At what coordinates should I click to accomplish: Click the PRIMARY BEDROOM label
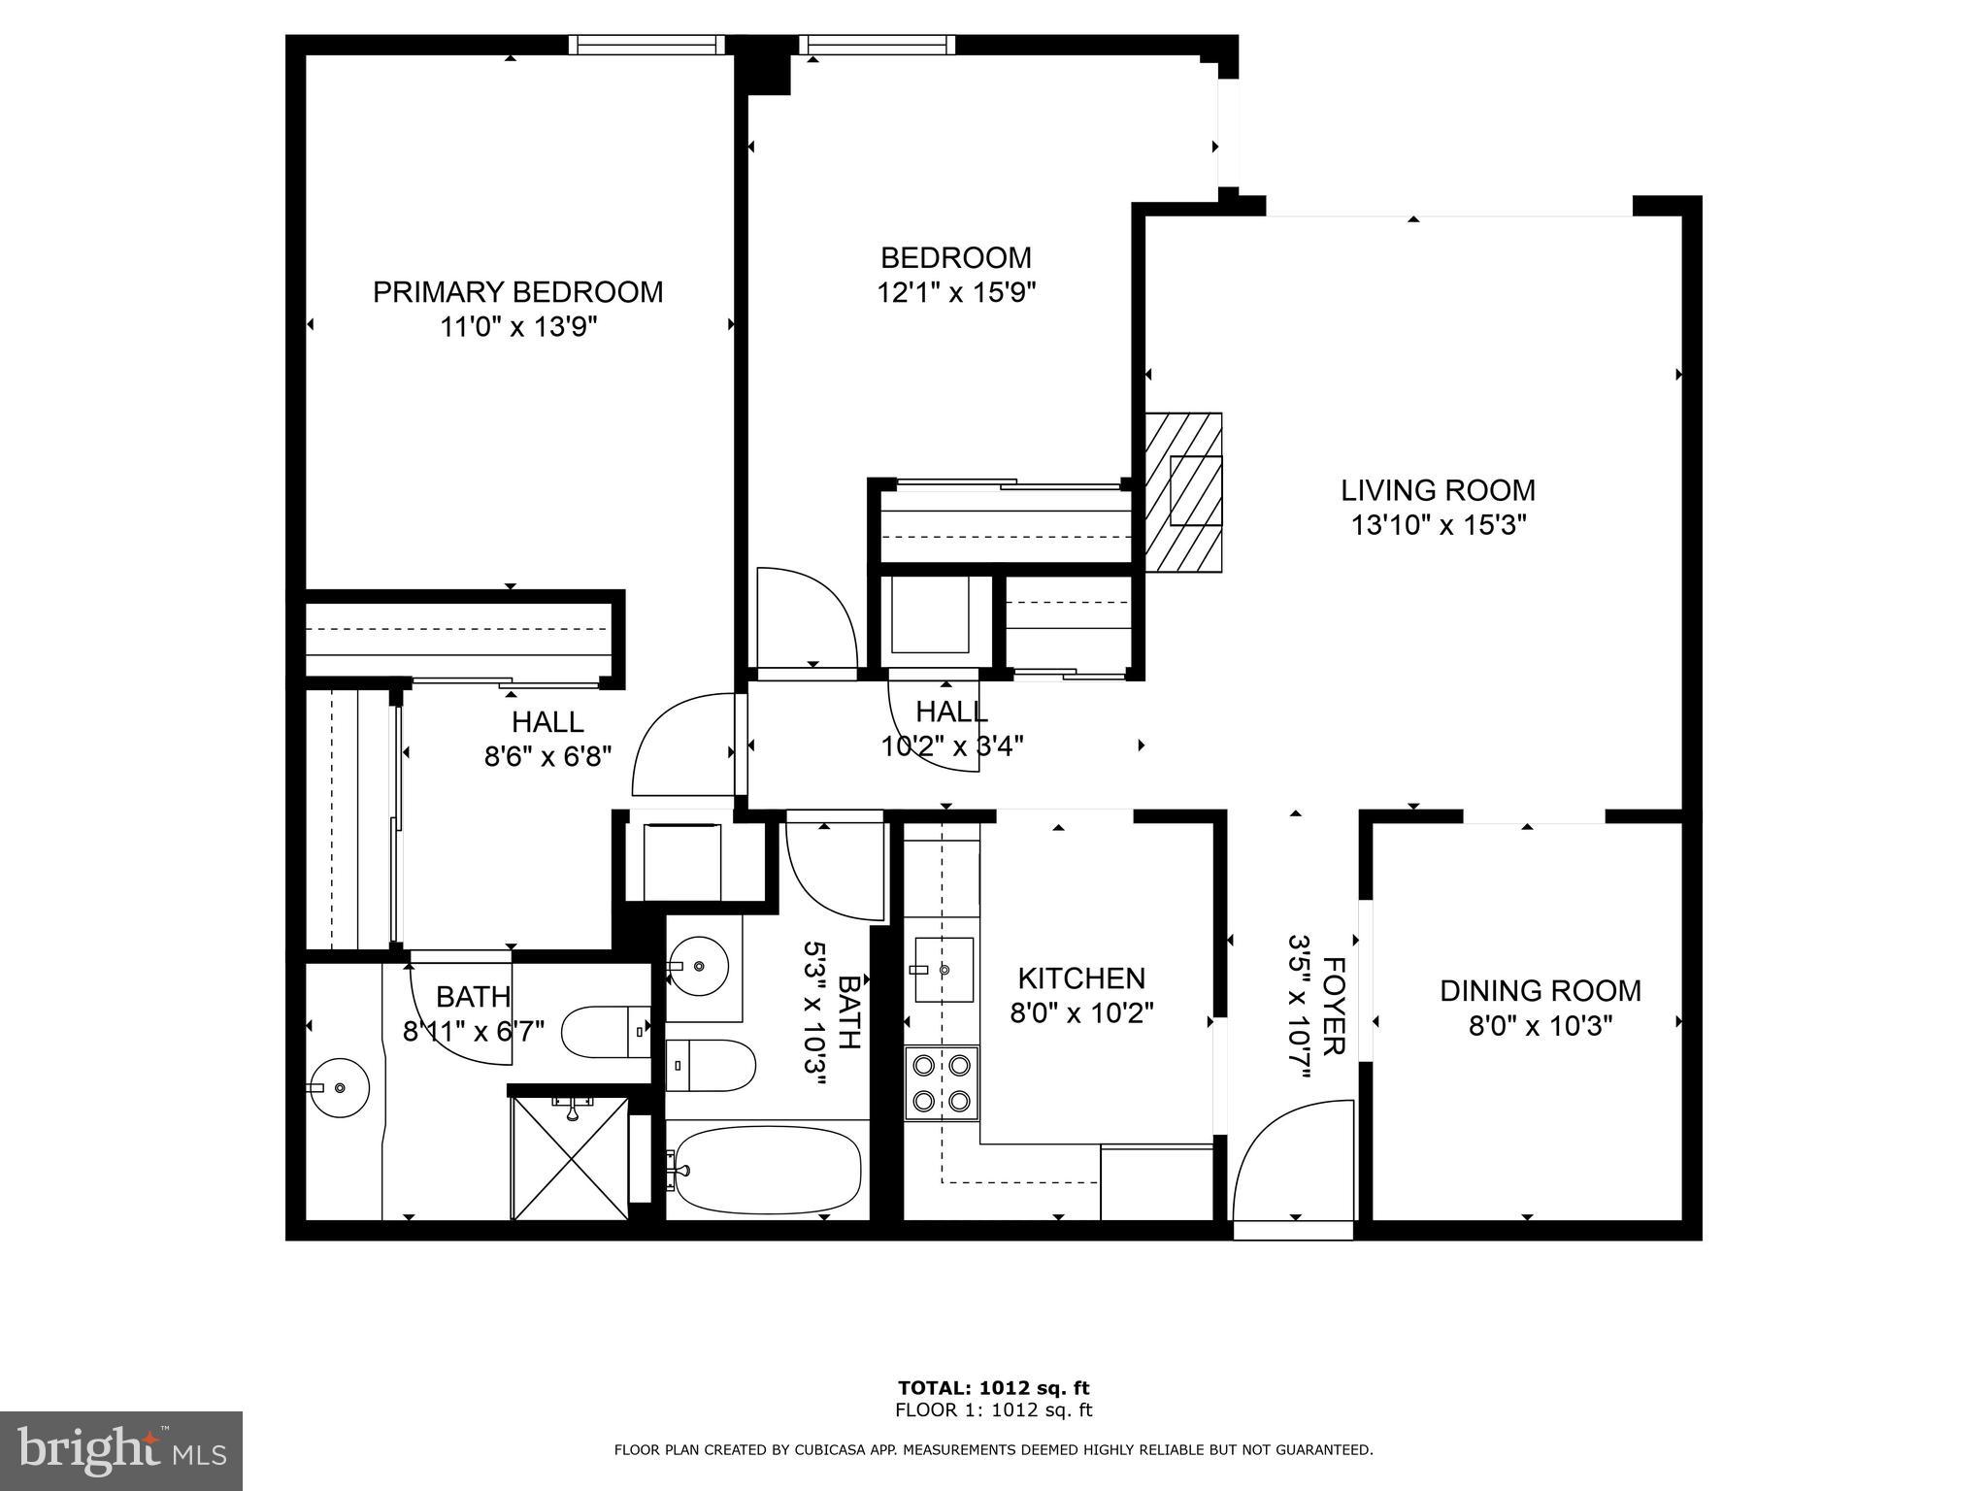coord(517,292)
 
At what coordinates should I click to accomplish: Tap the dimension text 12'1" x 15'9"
coord(956,293)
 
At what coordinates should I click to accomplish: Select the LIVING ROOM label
coord(1438,490)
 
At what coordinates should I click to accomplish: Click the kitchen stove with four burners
coord(942,1082)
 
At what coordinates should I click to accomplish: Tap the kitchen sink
coord(943,970)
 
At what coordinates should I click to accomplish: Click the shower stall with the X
coord(570,1157)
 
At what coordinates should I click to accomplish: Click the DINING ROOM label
coord(1540,991)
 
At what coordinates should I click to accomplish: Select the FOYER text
coord(1334,1006)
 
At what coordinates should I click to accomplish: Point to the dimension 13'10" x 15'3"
coord(1439,526)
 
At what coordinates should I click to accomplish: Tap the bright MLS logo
coord(121,1451)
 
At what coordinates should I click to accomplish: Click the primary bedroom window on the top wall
coord(646,44)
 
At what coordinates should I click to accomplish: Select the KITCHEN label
coord(1080,977)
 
